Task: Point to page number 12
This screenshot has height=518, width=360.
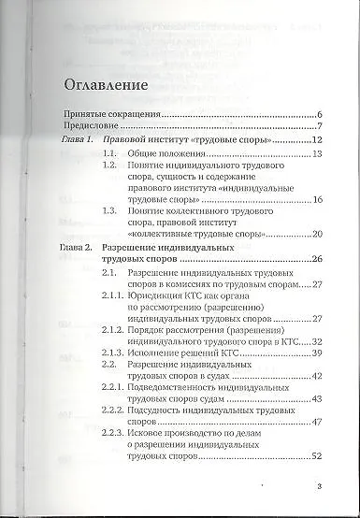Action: pos(316,140)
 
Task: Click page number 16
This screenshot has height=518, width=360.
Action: pos(316,200)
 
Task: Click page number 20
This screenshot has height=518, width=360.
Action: pos(316,233)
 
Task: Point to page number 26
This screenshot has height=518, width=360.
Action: pos(316,259)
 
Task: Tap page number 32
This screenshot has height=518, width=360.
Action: pos(316,341)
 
